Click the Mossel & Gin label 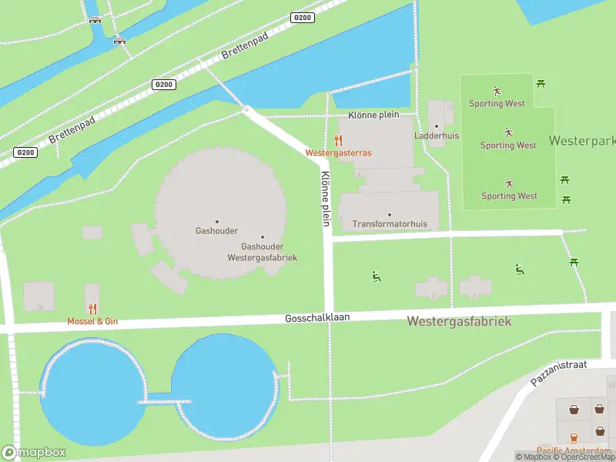92,320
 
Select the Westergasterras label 338,152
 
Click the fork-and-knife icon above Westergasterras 338,140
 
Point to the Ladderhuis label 437,136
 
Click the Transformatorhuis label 389,224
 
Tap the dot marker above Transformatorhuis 390,215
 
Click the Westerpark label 582,141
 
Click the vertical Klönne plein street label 326,198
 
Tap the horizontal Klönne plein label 373,114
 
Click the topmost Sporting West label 497,103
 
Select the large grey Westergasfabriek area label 459,320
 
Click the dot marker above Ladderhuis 437,126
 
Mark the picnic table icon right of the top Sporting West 542,82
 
